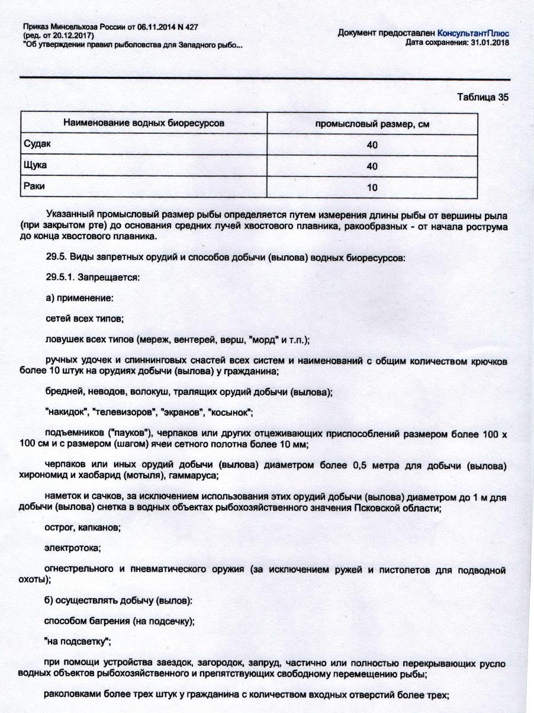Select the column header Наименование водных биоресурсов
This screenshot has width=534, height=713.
(144, 124)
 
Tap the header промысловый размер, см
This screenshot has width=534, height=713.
(372, 124)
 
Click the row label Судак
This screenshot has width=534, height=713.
(34, 143)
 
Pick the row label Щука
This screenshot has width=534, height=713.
(34, 165)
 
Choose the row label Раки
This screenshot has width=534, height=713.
(33, 186)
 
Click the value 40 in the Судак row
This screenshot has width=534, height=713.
(372, 145)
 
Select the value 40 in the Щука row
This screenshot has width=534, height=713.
(372, 166)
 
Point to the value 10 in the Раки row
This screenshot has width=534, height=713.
(372, 188)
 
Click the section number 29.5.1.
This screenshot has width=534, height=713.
(61, 277)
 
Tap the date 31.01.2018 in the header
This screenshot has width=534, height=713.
(490, 43)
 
